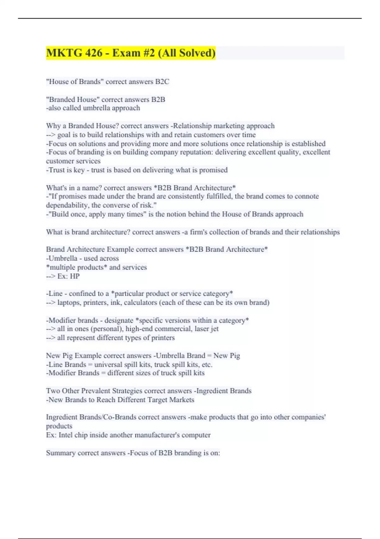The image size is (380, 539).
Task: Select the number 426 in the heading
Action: click(93, 53)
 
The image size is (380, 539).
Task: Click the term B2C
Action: click(162, 82)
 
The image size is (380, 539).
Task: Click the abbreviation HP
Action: click(75, 276)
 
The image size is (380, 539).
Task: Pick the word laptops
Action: click(69, 302)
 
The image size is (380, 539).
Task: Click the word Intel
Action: click(66, 435)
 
